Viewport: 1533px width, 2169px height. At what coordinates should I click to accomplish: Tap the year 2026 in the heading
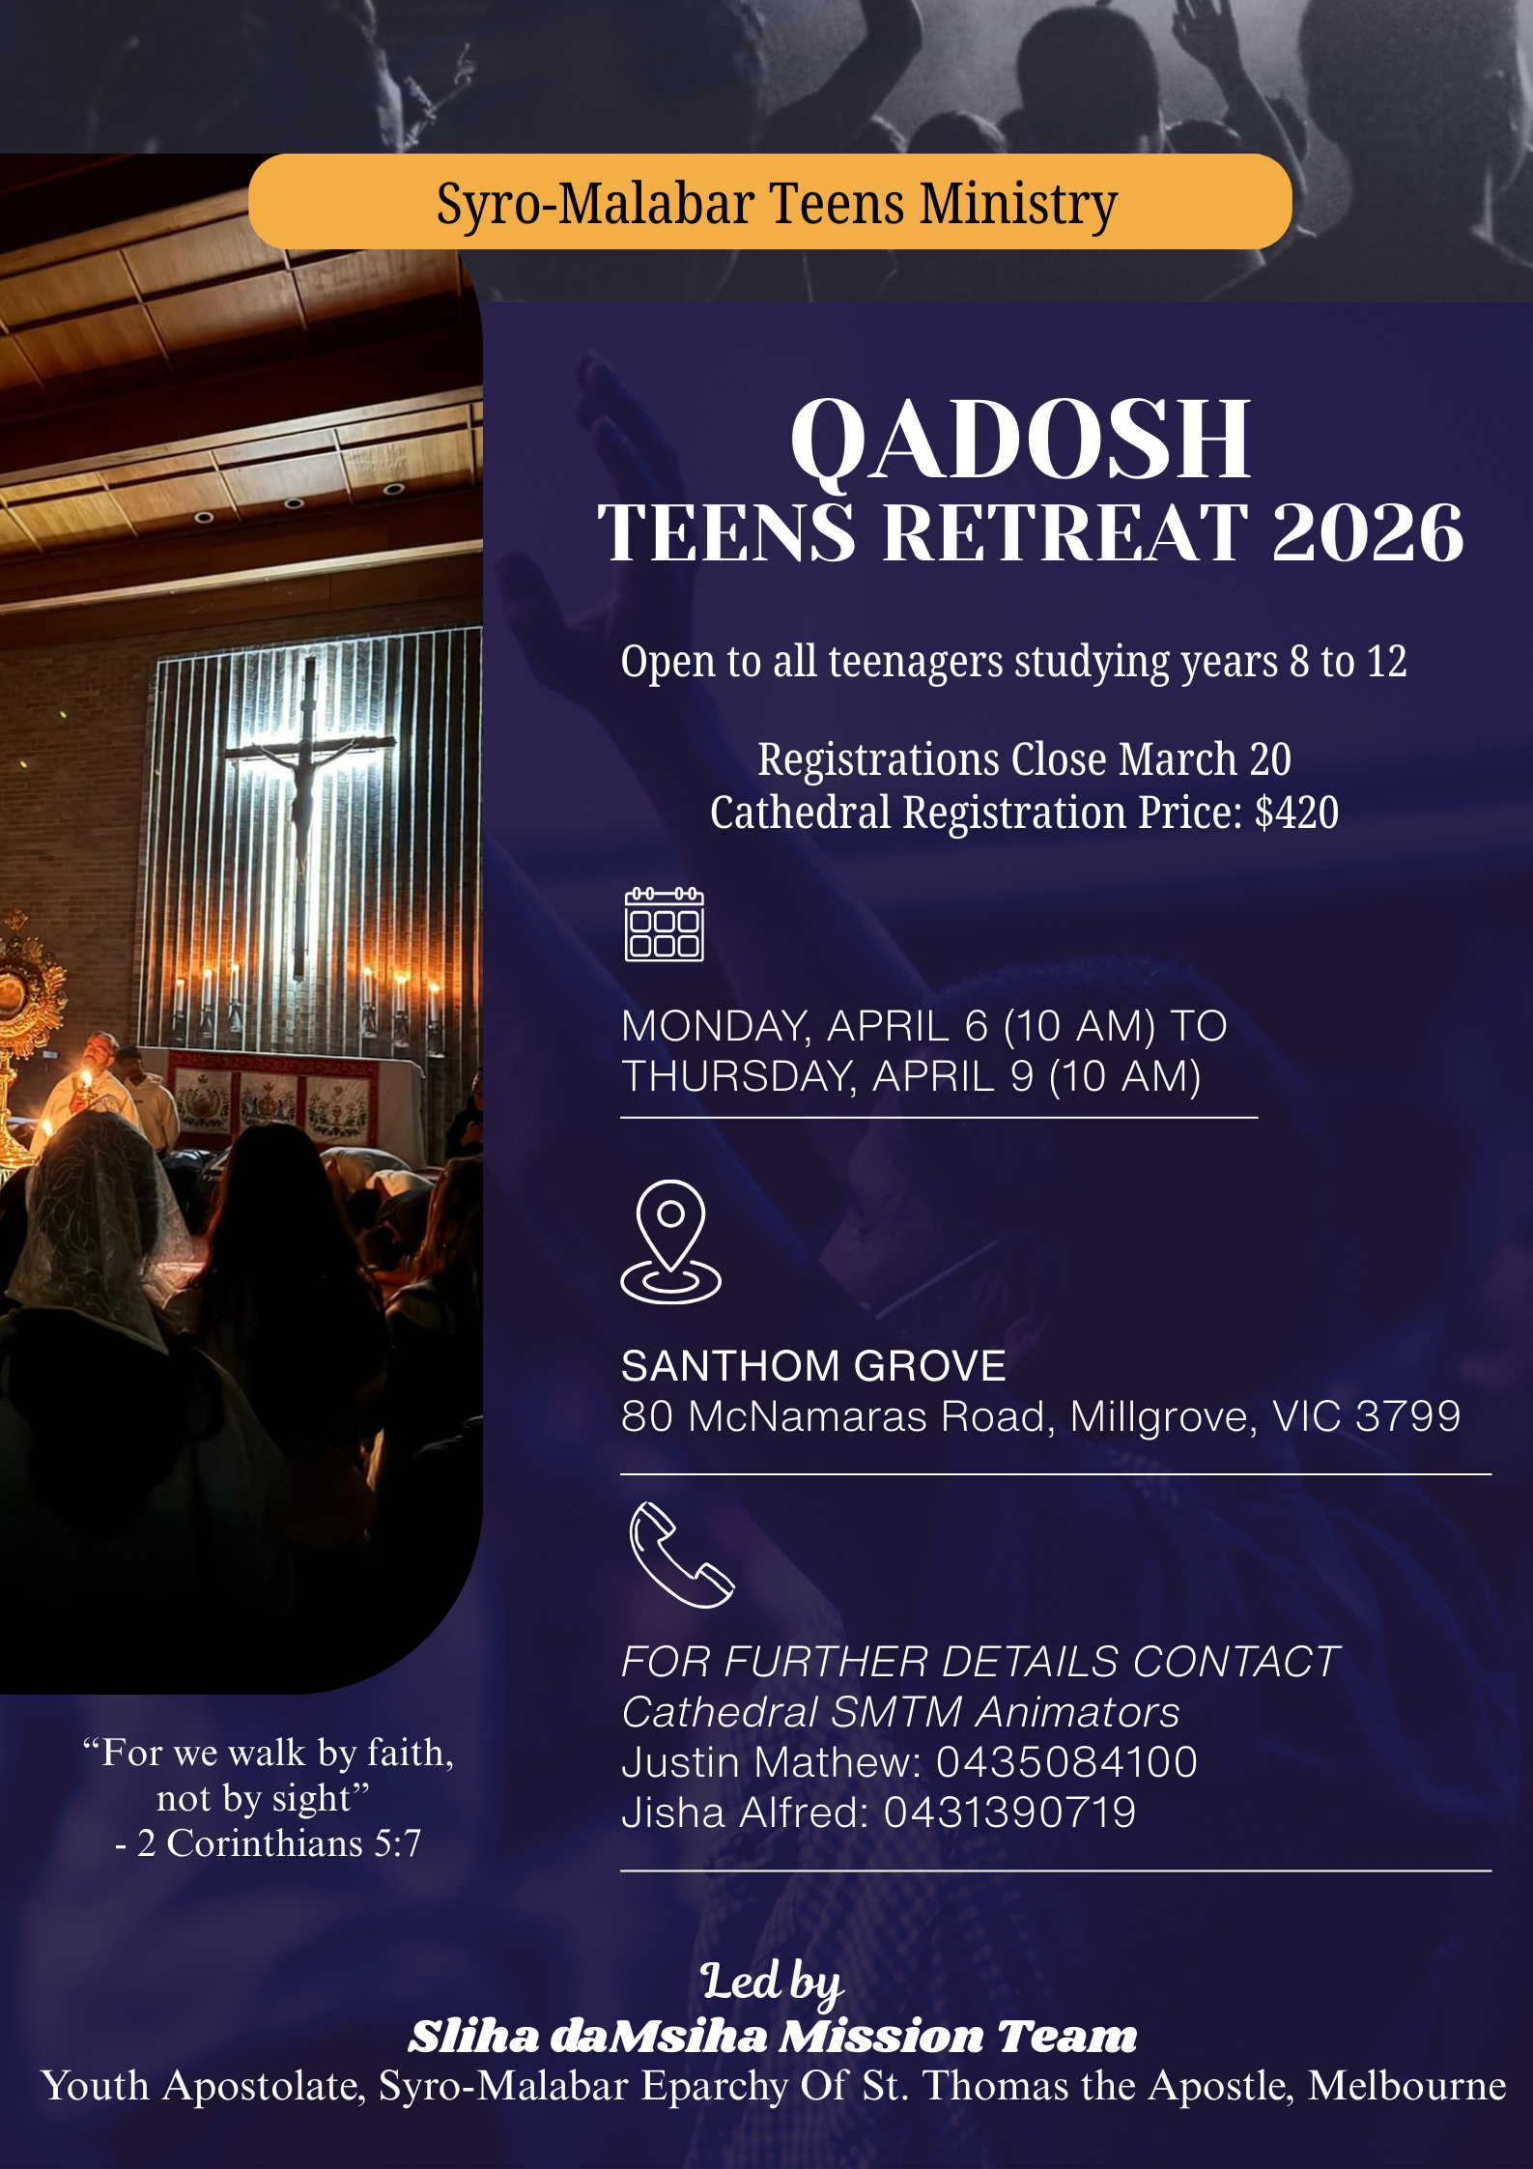pyautogui.click(x=1368, y=532)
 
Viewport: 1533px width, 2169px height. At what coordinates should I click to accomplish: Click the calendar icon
pyautogui.click(x=665, y=925)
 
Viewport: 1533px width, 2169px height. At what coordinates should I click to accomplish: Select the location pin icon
pyautogui.click(x=670, y=1242)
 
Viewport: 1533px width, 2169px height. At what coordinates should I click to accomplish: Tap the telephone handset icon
pyautogui.click(x=681, y=1555)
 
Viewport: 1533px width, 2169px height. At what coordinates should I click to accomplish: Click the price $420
pyautogui.click(x=1296, y=813)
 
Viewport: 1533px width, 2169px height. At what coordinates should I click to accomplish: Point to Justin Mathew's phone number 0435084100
pyautogui.click(x=1066, y=1762)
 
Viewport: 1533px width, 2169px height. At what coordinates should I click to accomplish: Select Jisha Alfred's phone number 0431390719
pyautogui.click(x=1009, y=1812)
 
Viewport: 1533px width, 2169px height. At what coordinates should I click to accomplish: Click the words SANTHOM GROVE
pyautogui.click(x=813, y=1366)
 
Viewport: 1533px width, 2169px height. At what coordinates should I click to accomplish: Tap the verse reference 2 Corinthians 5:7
pyautogui.click(x=278, y=1843)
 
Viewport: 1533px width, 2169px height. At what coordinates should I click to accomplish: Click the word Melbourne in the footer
pyautogui.click(x=1406, y=2086)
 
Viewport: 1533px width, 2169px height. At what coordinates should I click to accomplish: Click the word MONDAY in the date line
pyautogui.click(x=716, y=1026)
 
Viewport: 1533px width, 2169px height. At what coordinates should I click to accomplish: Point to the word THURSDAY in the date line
pyautogui.click(x=740, y=1077)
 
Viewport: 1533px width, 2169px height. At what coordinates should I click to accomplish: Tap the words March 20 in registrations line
pyautogui.click(x=1205, y=759)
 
